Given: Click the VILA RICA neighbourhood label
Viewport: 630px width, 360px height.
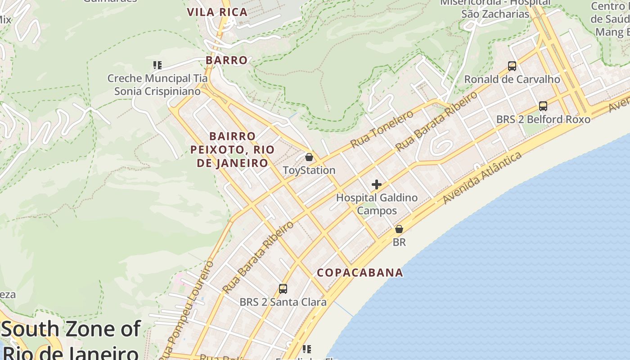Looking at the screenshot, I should tap(217, 13).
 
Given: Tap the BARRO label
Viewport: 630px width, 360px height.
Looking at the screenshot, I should tap(227, 60).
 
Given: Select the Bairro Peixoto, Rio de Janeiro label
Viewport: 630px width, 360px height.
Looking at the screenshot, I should tap(232, 149).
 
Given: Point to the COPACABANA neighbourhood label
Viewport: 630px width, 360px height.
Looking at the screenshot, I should tap(360, 273).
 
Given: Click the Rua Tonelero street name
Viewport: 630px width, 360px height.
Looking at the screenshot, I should tap(382, 130).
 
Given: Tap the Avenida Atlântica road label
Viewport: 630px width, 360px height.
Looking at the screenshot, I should tap(482, 178).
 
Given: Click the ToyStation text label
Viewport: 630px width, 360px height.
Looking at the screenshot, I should tap(309, 171).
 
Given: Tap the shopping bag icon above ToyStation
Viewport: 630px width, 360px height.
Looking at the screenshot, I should tap(309, 157).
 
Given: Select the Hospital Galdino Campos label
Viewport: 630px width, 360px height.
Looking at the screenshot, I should tap(377, 204).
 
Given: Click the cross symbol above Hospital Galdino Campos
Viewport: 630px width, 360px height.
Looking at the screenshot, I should tap(377, 184).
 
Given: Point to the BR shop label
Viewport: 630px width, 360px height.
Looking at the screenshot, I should tap(399, 242).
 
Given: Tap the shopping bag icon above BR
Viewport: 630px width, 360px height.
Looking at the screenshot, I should tap(399, 229).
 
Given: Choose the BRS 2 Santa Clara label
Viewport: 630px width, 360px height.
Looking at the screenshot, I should tap(283, 302).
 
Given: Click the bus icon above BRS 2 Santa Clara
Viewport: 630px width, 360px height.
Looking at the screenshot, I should tap(283, 289).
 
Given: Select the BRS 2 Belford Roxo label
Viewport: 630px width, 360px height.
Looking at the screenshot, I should tap(543, 119).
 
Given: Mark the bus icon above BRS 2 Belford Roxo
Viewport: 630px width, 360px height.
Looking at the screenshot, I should tap(543, 106).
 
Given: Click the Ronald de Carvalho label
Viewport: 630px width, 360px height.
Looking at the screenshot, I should tap(512, 80).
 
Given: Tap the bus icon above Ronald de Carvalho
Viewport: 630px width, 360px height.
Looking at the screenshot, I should tap(512, 66).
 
